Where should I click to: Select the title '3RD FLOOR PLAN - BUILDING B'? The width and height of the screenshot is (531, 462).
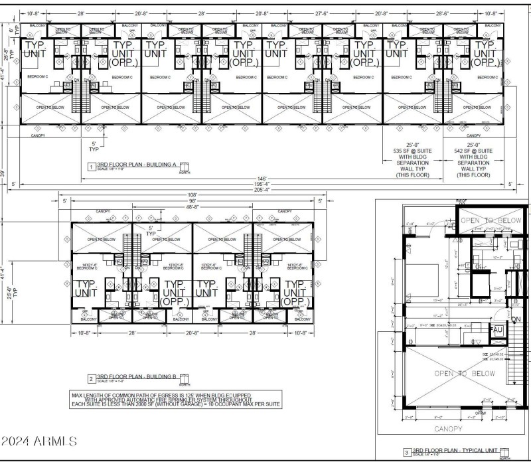pos(136,376)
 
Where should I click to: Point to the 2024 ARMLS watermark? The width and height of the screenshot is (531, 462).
pos(40,441)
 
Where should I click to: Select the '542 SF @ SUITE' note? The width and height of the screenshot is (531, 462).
pos(473,151)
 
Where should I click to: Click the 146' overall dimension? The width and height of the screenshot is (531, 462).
pos(261,179)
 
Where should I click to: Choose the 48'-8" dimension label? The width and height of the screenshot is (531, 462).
pos(192,207)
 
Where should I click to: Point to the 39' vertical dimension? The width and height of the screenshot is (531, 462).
pos(4,174)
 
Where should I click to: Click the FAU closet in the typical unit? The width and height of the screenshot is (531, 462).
pos(497,330)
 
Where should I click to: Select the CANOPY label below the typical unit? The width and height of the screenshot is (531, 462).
pos(451,428)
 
